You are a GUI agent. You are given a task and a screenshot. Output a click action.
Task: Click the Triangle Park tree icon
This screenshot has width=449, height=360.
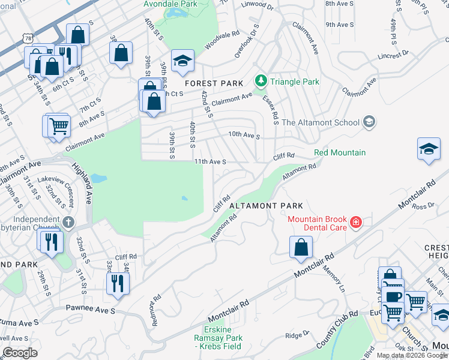pos(261,80)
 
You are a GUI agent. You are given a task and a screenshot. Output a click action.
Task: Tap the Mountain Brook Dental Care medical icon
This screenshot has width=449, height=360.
pos(356,223)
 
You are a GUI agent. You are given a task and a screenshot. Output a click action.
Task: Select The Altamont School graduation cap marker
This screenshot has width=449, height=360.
pos(369,122)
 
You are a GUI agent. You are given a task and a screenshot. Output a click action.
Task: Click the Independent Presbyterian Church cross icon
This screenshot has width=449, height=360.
pos(69,223)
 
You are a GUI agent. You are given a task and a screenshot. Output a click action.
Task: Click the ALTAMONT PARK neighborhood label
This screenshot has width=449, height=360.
pos(262,205)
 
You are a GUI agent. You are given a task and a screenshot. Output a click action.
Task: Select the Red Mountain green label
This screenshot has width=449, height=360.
pos(339,152)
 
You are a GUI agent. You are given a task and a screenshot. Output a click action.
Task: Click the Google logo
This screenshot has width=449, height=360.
pos(20,353)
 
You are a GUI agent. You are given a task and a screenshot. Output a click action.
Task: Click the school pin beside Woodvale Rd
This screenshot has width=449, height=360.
pos(182,61)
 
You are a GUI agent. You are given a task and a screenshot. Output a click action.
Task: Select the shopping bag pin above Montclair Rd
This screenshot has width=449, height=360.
pos(301,247)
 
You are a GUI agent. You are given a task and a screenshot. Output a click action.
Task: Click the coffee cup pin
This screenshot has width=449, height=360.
pos(394,297)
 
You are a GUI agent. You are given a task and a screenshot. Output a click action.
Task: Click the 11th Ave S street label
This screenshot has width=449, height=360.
pos(209,161)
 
